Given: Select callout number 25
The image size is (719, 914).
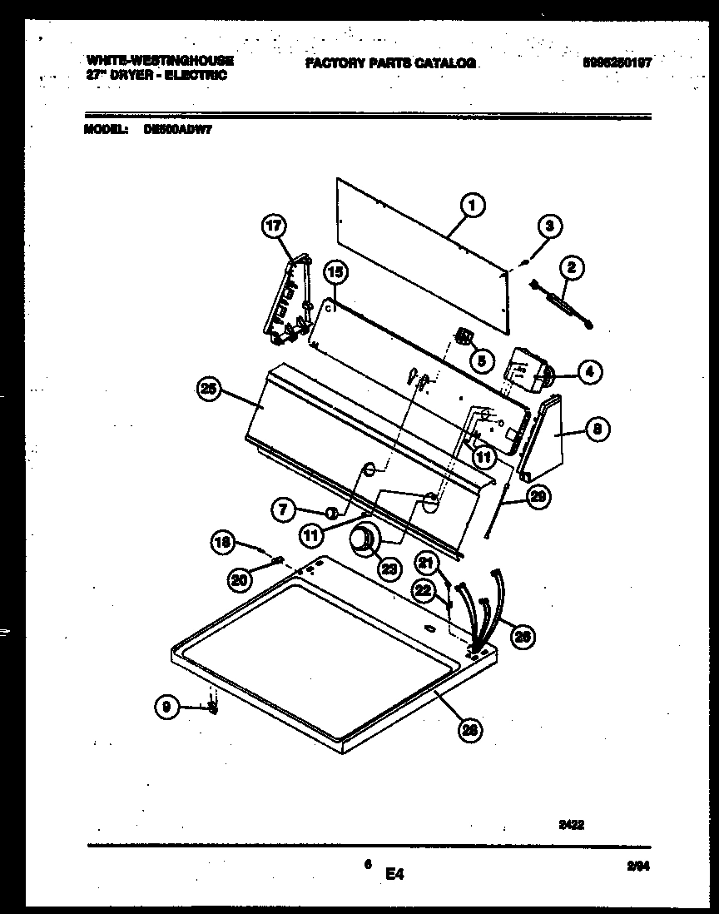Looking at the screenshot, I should (209, 388).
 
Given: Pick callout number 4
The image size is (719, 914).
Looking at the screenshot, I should (588, 372).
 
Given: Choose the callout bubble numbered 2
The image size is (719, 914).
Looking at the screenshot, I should (571, 267).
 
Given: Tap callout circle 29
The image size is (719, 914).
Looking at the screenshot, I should (538, 498).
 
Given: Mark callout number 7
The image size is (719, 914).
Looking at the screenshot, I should (284, 509).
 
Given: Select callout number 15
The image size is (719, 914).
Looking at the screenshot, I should (335, 271).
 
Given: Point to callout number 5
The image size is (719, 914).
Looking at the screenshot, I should (480, 360).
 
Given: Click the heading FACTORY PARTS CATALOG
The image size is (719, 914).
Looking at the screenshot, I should (390, 63).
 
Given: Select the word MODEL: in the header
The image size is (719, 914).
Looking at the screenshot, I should (106, 129).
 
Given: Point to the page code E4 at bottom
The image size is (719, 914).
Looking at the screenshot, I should (394, 874).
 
